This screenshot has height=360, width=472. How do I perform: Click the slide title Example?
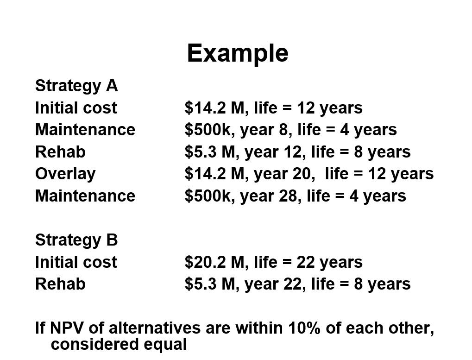238,53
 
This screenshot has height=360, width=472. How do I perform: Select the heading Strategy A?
76,86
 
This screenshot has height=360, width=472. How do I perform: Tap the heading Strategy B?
76,240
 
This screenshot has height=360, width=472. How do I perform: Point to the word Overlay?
65,174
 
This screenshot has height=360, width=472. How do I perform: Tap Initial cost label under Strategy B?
76,262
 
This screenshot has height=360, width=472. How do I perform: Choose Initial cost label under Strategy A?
76,108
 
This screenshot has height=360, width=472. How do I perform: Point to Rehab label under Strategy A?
60,152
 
